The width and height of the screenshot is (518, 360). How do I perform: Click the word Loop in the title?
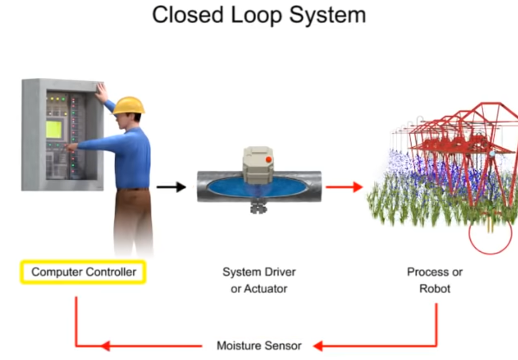(256, 16)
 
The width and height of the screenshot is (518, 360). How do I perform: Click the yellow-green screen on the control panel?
(54, 129)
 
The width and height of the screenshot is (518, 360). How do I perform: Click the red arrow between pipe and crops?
(344, 187)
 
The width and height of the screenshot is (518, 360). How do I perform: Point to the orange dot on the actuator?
(269, 159)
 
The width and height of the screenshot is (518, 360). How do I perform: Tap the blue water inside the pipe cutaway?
(226, 187)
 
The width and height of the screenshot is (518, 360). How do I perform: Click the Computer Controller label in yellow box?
(83, 272)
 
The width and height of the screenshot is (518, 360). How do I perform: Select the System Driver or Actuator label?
(259, 280)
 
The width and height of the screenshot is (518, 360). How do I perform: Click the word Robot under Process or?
(435, 289)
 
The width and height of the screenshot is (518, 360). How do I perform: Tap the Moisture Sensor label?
(259, 345)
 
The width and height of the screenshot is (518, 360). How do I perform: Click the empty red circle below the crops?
(490, 239)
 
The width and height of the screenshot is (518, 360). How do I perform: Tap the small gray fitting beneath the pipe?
(258, 208)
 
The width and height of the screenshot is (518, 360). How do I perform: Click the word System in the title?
(327, 16)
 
